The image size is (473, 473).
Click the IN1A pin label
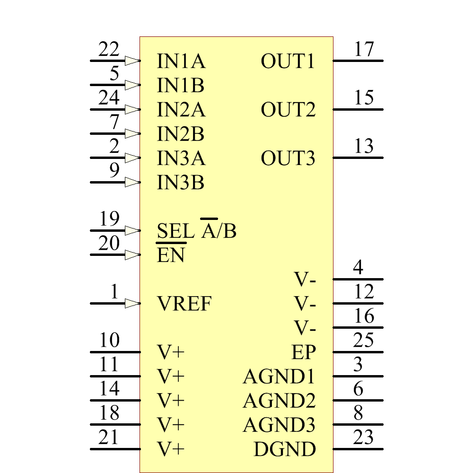click(181, 61)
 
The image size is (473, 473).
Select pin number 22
click(109, 50)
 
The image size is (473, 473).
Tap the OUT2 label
click(288, 110)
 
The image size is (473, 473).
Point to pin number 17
click(364, 50)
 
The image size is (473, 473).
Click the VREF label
click(184, 304)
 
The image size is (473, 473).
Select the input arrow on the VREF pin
click(132, 303)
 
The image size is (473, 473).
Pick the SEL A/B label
click(196, 231)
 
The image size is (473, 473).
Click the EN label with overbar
click(171, 255)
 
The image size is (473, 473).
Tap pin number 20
click(109, 244)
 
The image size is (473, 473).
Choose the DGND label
click(284, 449)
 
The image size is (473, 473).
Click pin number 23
click(363, 438)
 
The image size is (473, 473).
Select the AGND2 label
click(279, 401)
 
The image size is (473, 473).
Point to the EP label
click(303, 352)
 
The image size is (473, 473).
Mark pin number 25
click(363, 341)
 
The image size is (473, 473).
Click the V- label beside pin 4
click(305, 280)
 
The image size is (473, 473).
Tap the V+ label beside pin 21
click(171, 449)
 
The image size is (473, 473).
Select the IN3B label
click(180, 183)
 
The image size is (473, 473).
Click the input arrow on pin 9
click(132, 182)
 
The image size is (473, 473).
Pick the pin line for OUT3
click(358, 158)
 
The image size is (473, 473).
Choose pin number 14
click(109, 389)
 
